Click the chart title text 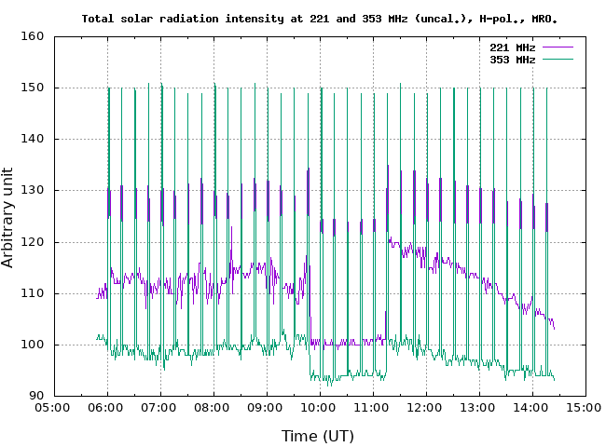pyautogui.click(x=325, y=18)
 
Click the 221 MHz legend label pyautogui.click(x=512, y=47)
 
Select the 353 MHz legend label pyautogui.click(x=512, y=59)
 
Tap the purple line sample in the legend pyautogui.click(x=557, y=47)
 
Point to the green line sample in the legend pyautogui.click(x=557, y=59)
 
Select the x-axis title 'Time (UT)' pyautogui.click(x=318, y=435)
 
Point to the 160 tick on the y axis pyautogui.click(x=34, y=37)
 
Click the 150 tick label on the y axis pyautogui.click(x=34, y=88)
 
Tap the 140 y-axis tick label pyautogui.click(x=34, y=140)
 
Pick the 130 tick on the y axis pyautogui.click(x=34, y=191)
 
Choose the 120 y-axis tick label pyautogui.click(x=34, y=242)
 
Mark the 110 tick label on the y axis pyautogui.click(x=34, y=293)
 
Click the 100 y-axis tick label pyautogui.click(x=34, y=345)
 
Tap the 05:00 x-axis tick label pyautogui.click(x=54, y=407)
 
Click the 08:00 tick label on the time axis pyautogui.click(x=213, y=407)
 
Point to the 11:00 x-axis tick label pyautogui.click(x=373, y=407)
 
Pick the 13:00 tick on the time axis pyautogui.click(x=479, y=407)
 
